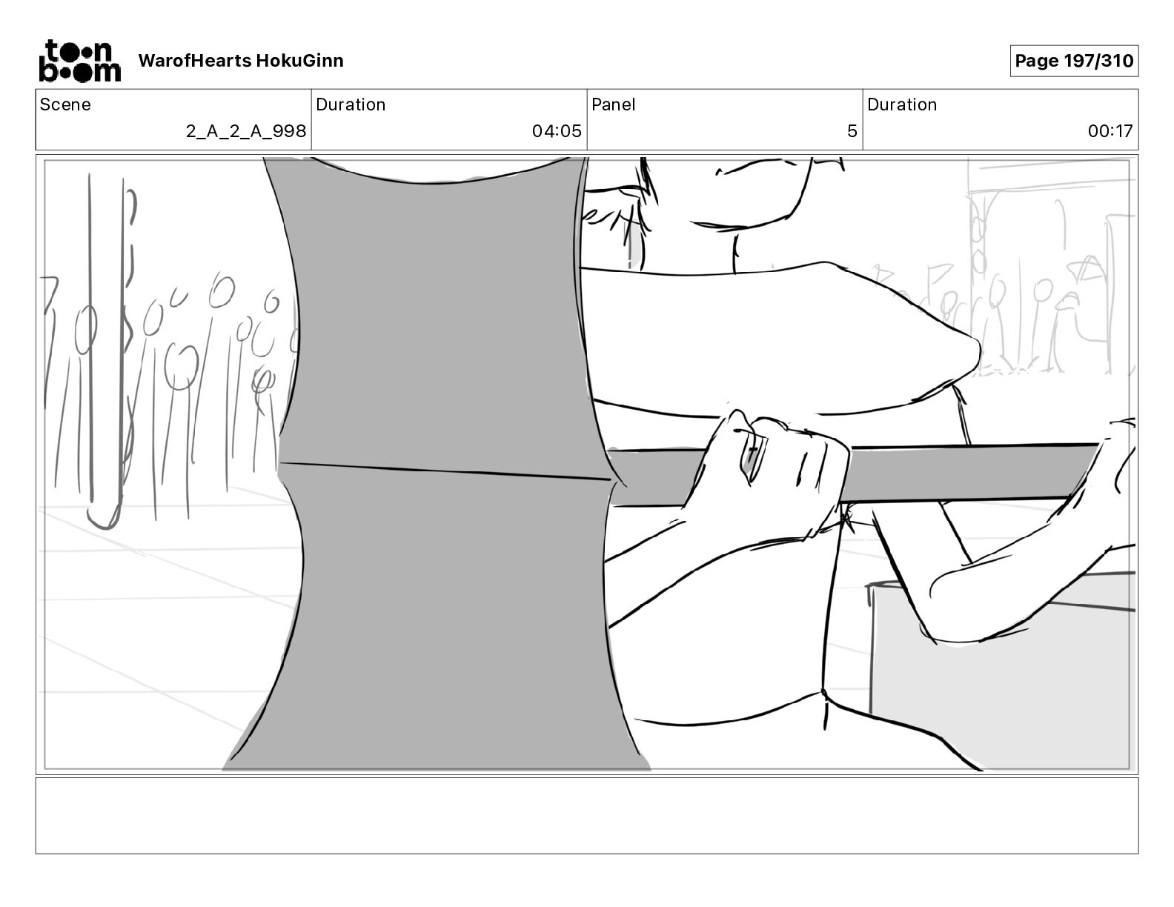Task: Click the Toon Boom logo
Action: pos(79,61)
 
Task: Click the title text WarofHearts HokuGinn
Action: pos(241,61)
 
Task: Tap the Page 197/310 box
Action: pos(1074,61)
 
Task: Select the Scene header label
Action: pos(65,104)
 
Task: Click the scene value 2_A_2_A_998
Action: pos(246,131)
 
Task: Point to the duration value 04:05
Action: pos(557,131)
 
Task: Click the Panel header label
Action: pos(614,104)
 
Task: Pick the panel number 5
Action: pos(852,131)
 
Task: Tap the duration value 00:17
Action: pos(1110,131)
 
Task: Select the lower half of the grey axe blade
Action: pos(445,615)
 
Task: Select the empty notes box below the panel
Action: pos(586,815)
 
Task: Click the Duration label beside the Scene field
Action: pos(351,104)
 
